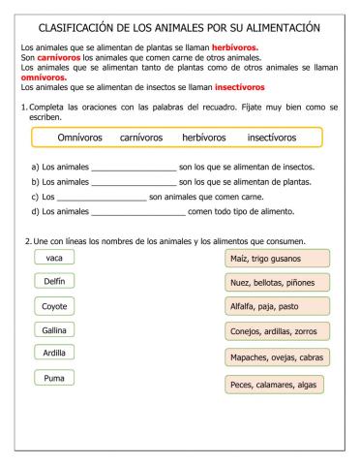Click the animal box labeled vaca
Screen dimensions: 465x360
pos(54,257)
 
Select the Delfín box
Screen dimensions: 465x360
pos(54,281)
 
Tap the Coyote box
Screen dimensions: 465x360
pos(54,305)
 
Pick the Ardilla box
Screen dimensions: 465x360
pos(54,354)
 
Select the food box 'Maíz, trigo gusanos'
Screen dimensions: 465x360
pos(277,259)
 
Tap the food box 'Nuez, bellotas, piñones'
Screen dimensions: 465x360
pos(277,283)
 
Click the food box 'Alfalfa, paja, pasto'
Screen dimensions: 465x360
pos(277,307)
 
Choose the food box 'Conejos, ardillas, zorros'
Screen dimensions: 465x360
pos(277,333)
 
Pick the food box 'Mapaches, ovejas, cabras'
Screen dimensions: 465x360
pos(277,358)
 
